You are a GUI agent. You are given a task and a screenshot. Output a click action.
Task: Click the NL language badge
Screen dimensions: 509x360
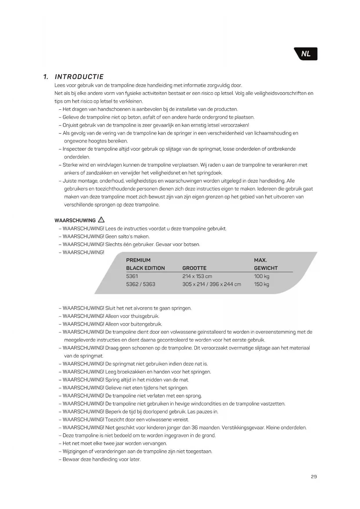tap(306, 54)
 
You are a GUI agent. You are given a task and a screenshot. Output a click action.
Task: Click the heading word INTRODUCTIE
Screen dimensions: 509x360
tap(79, 77)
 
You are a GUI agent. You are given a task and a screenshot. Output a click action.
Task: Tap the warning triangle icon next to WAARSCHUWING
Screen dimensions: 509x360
tap(101, 220)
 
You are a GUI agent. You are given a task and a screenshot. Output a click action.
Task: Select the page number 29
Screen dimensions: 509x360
tap(314, 476)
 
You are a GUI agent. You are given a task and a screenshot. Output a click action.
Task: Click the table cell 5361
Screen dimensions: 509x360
tap(132, 276)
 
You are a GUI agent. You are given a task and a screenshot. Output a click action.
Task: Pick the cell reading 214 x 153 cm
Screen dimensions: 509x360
tap(197, 276)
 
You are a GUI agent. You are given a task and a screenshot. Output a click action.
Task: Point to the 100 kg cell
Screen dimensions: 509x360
tap(261, 276)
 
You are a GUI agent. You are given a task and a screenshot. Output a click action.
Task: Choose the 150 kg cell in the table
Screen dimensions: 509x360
tap(261, 284)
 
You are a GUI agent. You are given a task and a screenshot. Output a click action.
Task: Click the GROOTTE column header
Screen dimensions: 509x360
tap(194, 268)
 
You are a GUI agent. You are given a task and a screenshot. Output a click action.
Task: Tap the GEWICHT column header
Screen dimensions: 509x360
tap(266, 268)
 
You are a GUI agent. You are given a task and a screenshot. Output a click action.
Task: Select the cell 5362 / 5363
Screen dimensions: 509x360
tap(141, 284)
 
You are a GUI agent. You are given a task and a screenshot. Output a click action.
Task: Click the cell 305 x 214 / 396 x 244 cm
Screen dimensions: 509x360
tap(211, 284)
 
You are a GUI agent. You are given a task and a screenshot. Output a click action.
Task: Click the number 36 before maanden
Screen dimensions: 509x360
tap(195, 427)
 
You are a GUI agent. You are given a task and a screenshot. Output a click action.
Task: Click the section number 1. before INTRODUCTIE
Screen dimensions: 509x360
tap(46, 77)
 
